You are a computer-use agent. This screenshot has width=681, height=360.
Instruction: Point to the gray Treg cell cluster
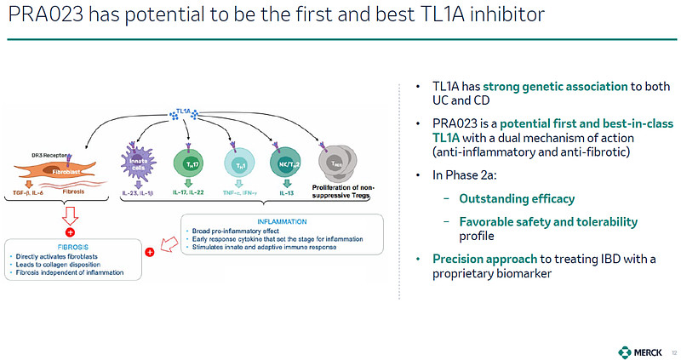pos(336,162)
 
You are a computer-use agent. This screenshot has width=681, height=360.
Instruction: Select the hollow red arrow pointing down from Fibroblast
pos(71,211)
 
